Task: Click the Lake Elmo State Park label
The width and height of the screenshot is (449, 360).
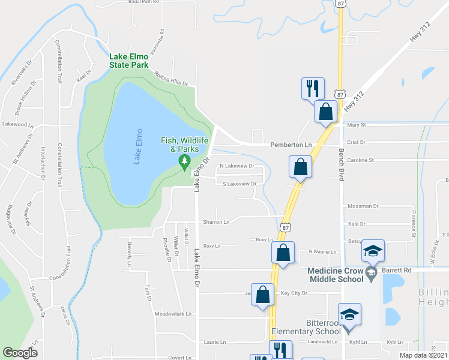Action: (x=128, y=61)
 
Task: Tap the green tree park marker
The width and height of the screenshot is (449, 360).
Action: (x=185, y=161)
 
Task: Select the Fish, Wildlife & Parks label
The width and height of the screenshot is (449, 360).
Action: (x=184, y=144)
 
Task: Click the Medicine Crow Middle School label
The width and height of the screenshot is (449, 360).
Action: (x=336, y=274)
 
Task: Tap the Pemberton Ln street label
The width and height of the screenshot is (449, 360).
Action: (x=292, y=145)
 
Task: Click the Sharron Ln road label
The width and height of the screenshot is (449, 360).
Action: (x=217, y=221)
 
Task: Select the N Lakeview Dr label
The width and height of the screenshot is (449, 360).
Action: (x=237, y=166)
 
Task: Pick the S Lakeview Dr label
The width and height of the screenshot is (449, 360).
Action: (x=240, y=184)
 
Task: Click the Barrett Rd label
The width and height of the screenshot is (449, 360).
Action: (x=399, y=270)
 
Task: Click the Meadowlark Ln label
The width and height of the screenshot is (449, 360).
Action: (x=172, y=313)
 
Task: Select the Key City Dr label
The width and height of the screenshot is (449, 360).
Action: (x=294, y=293)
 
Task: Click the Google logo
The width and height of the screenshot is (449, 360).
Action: (x=20, y=353)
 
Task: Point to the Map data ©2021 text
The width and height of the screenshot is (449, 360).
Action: (x=423, y=355)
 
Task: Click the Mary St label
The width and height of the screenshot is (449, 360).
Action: (x=357, y=125)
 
